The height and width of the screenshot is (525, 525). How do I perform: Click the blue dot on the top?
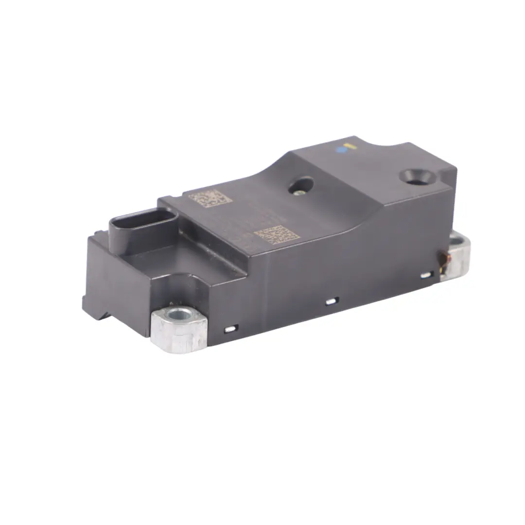[x=342, y=150]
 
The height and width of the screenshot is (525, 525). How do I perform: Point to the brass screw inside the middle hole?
[x=297, y=191]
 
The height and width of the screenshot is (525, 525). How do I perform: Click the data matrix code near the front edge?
[x=276, y=234]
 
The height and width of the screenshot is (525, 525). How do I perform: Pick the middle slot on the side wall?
[x=331, y=301]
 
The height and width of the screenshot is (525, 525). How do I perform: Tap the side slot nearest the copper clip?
[x=426, y=275]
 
